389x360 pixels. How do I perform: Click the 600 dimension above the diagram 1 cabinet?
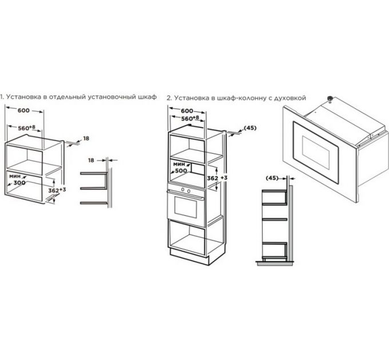click(23, 110)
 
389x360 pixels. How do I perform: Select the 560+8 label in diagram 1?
click(27, 128)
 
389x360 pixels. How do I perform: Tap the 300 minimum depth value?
click(19, 183)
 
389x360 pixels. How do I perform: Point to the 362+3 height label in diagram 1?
click(57, 190)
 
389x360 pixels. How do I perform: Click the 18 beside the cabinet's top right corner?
click(86, 138)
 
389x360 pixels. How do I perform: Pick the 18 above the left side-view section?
click(91, 161)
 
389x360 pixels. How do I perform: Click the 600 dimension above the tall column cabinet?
click(187, 111)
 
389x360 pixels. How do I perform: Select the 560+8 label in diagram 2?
click(190, 118)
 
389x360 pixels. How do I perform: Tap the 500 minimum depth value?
click(181, 171)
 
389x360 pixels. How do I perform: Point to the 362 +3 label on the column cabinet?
click(217, 178)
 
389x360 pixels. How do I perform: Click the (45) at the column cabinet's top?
click(250, 128)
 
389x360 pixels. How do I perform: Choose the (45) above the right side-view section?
click(272, 178)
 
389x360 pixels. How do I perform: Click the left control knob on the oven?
click(183, 190)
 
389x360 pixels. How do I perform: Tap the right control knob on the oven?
click(189, 191)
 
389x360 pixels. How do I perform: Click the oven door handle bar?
click(185, 194)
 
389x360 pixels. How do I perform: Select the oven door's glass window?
click(186, 207)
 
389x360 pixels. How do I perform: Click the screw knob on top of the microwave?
click(330, 98)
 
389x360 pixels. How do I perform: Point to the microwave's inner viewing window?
click(316, 152)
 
